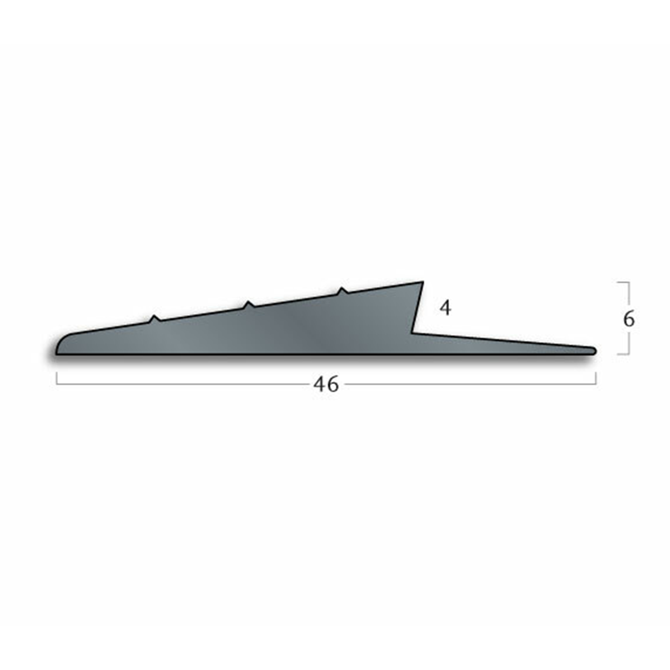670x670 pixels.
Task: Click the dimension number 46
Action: [326, 385]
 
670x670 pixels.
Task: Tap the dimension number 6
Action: [629, 319]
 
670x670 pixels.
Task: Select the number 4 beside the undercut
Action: [445, 308]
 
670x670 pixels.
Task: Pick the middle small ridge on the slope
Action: [249, 304]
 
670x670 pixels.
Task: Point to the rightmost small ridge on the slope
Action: [342, 291]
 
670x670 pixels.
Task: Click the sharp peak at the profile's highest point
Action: [421, 283]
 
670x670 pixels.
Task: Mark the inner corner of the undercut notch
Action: [412, 332]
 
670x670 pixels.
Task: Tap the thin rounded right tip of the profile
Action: [594, 351]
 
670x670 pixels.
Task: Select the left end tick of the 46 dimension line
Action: [57, 378]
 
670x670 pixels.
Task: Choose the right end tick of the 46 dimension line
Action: [596, 378]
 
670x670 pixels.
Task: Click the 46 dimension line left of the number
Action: [183, 385]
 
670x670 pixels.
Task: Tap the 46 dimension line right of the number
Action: [471, 385]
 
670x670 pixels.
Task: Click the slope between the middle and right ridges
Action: [296, 300]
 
